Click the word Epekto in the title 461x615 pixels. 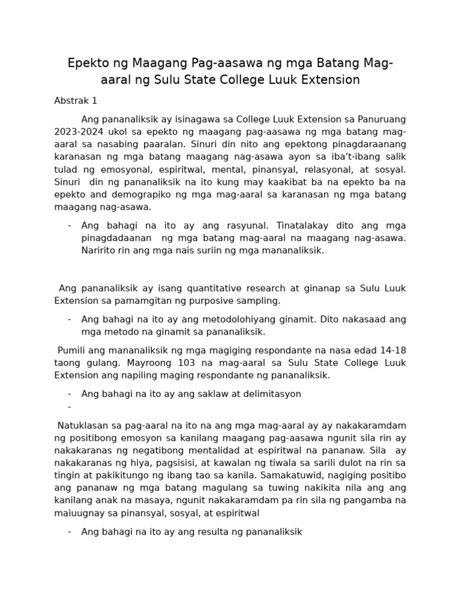[86, 64]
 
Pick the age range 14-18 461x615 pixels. [394, 351]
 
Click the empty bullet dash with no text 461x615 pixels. [70, 407]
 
